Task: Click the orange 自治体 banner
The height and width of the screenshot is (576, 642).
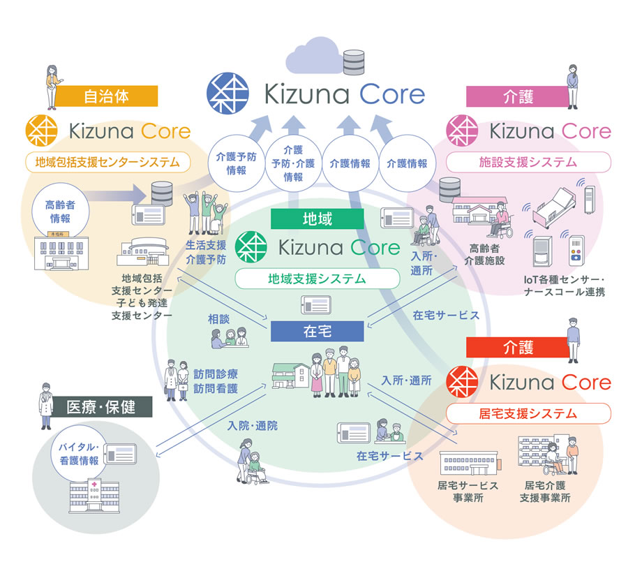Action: [107, 96]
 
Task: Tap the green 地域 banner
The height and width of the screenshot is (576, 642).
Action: [318, 219]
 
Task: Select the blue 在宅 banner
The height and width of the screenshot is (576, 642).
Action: [318, 331]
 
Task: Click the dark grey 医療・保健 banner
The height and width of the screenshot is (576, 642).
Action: [100, 407]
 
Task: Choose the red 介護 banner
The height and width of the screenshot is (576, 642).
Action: [518, 348]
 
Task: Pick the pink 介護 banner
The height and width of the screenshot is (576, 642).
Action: [518, 96]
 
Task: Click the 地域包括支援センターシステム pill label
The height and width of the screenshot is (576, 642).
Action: [107, 162]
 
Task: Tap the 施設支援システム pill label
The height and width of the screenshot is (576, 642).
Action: [528, 162]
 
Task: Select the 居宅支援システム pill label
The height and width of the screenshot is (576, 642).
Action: [528, 413]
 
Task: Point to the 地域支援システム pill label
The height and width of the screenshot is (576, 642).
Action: [318, 279]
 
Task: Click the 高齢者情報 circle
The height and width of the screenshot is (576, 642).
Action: [61, 212]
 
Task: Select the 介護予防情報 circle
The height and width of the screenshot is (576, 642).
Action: [237, 163]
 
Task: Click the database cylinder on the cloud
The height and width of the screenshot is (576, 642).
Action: [354, 62]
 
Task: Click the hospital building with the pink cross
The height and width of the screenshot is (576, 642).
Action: [95, 495]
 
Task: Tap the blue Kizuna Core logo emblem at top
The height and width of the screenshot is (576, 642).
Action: [227, 93]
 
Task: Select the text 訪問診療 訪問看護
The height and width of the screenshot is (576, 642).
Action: [216, 381]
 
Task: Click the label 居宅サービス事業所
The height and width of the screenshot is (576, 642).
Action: [468, 492]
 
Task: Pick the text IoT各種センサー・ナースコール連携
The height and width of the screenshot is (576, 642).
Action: [565, 286]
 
